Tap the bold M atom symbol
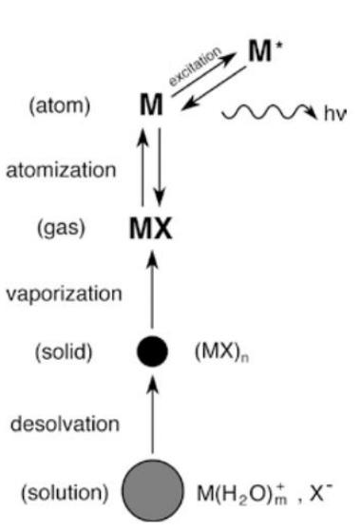click(x=150, y=105)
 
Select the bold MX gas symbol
click(x=150, y=229)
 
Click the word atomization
click(x=60, y=171)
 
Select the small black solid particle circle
click(x=151, y=352)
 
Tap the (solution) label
click(x=62, y=491)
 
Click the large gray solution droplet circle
click(x=151, y=490)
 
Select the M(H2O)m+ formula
click(x=242, y=491)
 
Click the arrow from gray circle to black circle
click(x=151, y=418)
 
